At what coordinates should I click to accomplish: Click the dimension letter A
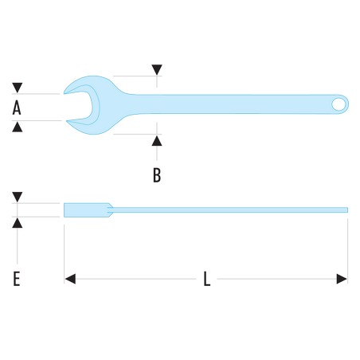17,108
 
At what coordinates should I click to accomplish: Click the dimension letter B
157,175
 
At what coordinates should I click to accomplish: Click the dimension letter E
17,279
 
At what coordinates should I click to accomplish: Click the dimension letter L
207,279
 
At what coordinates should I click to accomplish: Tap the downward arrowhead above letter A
18,88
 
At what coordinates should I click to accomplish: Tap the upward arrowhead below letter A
18,127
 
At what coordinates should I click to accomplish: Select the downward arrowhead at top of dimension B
157,69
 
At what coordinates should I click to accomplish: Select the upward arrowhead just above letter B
157,141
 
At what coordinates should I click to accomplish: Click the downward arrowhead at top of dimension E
18,197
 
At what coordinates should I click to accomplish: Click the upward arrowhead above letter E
18,223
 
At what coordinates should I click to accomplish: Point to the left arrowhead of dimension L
70,279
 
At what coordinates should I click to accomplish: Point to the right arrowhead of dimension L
342,279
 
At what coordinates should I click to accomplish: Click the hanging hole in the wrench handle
338,104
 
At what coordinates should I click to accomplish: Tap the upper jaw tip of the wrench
64,93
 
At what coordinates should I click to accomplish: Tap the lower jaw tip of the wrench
67,121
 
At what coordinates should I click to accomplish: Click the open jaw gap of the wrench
78,106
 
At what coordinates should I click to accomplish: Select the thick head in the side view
88,210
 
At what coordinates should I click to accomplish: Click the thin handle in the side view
228,210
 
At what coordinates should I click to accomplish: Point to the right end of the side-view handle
348,210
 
